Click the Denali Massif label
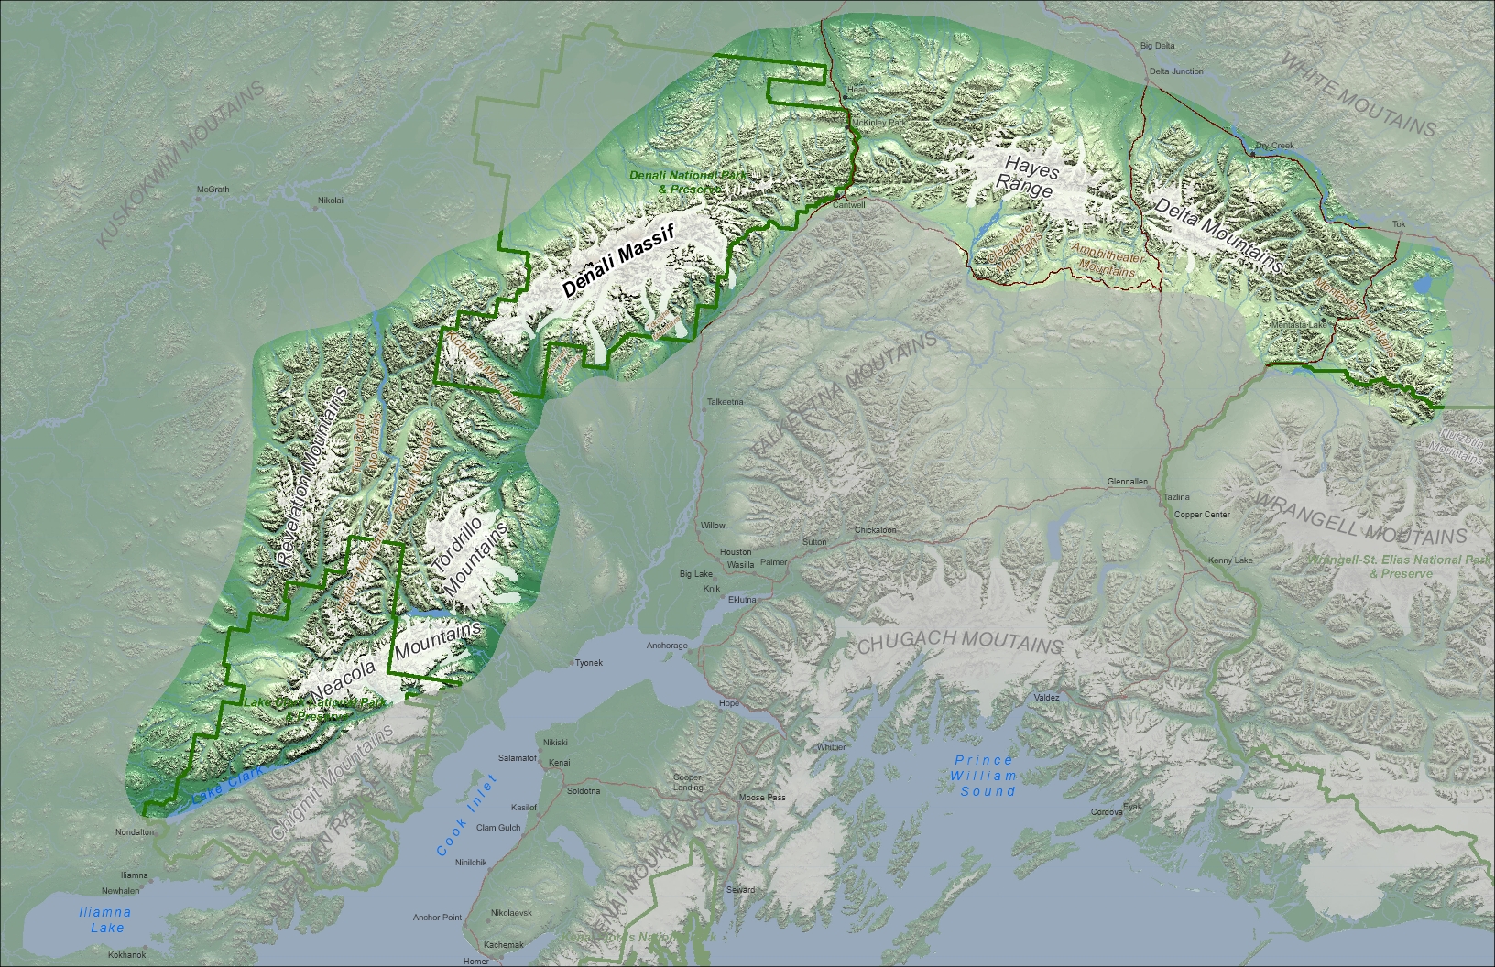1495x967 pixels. click(x=618, y=260)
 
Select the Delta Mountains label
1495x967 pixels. click(x=1218, y=234)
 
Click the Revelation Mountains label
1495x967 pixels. click(x=312, y=475)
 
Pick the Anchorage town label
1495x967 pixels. click(x=667, y=646)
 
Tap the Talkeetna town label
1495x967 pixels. click(x=726, y=402)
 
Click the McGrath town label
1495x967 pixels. click(x=213, y=190)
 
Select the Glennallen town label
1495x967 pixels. click(x=1127, y=482)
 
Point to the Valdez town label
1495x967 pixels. click(x=1046, y=698)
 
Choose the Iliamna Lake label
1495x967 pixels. click(x=106, y=919)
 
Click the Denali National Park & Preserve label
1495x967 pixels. click(x=687, y=181)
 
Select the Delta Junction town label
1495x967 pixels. click(x=1176, y=71)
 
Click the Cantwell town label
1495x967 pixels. click(x=849, y=205)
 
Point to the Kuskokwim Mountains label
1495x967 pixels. click(x=180, y=165)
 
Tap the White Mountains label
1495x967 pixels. click(x=1358, y=94)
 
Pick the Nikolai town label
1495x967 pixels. click(x=331, y=201)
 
